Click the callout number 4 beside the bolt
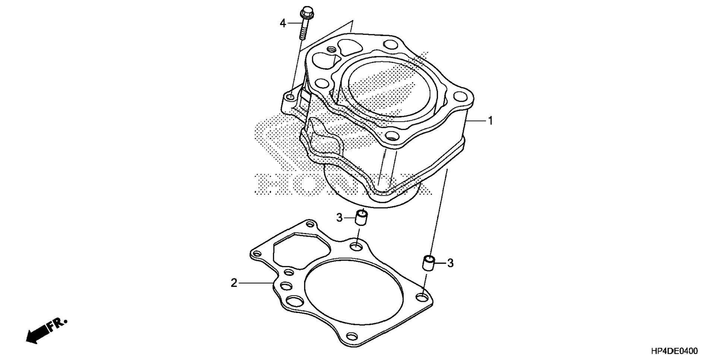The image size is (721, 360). pyautogui.click(x=283, y=23)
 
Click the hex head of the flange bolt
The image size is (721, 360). pyautogui.click(x=306, y=13)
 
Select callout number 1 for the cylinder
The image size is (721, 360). pyautogui.click(x=491, y=121)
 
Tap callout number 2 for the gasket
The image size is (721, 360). pyautogui.click(x=234, y=283)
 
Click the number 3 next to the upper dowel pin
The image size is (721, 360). pyautogui.click(x=339, y=217)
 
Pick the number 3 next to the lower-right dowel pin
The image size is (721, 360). pyautogui.click(x=450, y=263)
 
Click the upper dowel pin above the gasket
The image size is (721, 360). pyautogui.click(x=361, y=218)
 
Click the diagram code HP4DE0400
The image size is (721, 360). pyautogui.click(x=674, y=351)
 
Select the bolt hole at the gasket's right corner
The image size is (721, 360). pyautogui.click(x=422, y=297)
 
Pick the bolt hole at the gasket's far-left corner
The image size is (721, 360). pyautogui.click(x=256, y=254)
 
